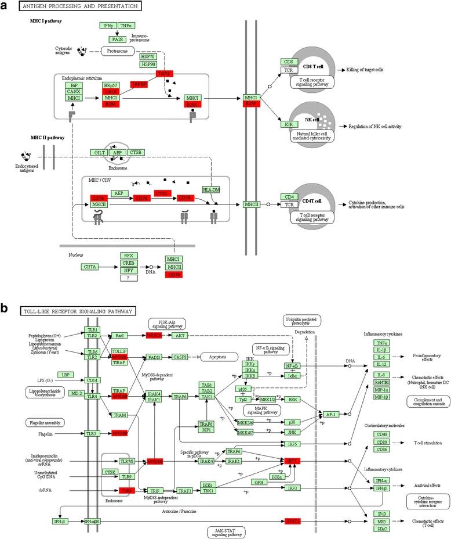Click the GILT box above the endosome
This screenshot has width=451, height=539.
point(100,152)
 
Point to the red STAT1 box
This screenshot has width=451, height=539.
point(293,521)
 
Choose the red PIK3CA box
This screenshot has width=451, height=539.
point(157,335)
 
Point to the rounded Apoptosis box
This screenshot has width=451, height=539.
point(225,357)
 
